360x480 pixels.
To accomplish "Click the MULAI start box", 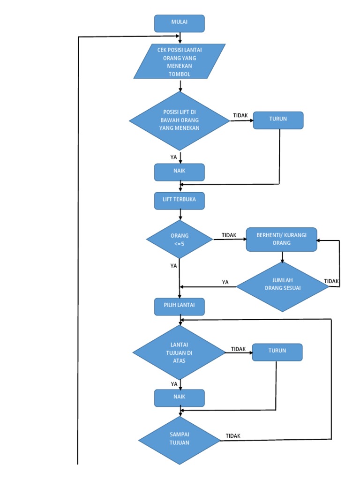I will pyautogui.click(x=180, y=23).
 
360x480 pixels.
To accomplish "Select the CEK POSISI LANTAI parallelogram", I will pyautogui.click(x=180, y=61).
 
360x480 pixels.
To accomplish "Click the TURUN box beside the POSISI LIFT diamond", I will pyautogui.click(x=278, y=120).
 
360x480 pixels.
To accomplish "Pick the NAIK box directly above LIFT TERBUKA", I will pyautogui.click(x=180, y=172).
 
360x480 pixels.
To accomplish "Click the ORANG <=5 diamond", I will pyautogui.click(x=180, y=240).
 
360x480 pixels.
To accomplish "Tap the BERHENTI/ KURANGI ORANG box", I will pyautogui.click(x=281, y=240).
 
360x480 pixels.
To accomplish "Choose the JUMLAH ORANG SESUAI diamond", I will pyautogui.click(x=282, y=285).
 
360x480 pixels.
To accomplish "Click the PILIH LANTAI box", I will pyautogui.click(x=180, y=306).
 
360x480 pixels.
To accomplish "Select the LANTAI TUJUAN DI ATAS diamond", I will pyautogui.click(x=180, y=352).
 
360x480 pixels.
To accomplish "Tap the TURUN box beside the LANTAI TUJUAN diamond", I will pyautogui.click(x=277, y=352).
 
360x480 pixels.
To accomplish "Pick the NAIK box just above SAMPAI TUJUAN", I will pyautogui.click(x=180, y=397).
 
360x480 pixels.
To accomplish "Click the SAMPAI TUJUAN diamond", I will pyautogui.click(x=180, y=439).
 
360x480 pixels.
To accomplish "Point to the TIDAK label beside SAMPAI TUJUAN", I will pyautogui.click(x=233, y=436).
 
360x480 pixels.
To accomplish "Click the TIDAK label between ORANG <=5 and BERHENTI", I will pyautogui.click(x=229, y=235).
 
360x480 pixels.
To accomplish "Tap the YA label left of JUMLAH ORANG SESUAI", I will pyautogui.click(x=225, y=282).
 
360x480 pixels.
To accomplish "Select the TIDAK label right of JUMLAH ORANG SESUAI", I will pyautogui.click(x=331, y=281).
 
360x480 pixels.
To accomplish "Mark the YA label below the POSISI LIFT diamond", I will pyautogui.click(x=174, y=157).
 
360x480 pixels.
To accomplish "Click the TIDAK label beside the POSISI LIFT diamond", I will pyautogui.click(x=240, y=115).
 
